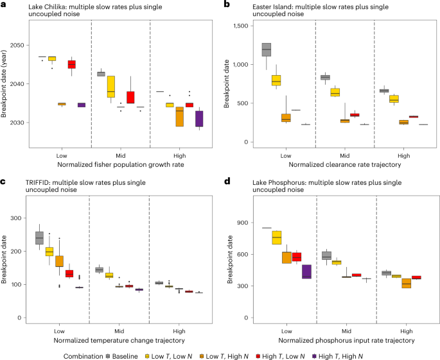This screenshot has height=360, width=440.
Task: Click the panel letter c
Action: coord(4,183)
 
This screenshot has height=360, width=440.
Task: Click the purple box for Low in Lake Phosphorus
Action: coord(307,271)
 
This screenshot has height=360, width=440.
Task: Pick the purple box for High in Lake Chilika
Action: coord(199,118)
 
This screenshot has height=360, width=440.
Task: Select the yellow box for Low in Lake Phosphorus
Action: coord(277,237)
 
